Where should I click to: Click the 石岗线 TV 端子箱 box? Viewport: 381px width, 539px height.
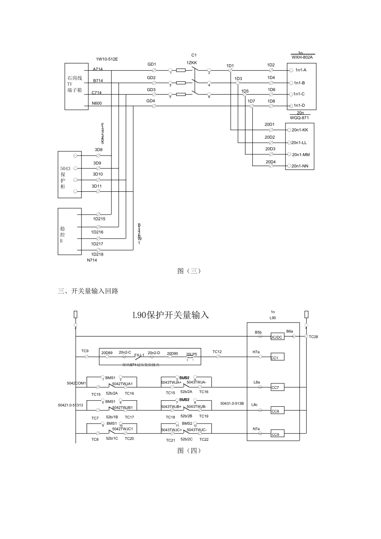[x=77, y=86]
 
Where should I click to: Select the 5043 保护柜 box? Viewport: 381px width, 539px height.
[x=69, y=174]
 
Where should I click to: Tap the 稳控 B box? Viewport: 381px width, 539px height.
[x=69, y=231]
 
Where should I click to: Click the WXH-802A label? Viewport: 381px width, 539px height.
[x=302, y=57]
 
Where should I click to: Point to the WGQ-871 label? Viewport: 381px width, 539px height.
[x=299, y=118]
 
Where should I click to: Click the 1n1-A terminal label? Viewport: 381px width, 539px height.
[x=301, y=70]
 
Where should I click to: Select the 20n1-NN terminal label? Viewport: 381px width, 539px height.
[x=300, y=166]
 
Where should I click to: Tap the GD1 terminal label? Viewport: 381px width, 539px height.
[x=151, y=64]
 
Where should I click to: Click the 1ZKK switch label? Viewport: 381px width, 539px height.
[x=192, y=63]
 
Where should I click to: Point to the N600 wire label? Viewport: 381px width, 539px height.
[x=97, y=103]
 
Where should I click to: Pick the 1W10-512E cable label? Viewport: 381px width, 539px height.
[x=107, y=59]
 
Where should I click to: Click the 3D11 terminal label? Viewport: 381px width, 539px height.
[x=97, y=186]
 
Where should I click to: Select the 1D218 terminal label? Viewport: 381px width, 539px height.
[x=97, y=254]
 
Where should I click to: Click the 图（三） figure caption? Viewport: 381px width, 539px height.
[x=189, y=271]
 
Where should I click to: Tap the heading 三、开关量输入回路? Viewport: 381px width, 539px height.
[x=88, y=291]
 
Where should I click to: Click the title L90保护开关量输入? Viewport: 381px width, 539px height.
[x=171, y=315]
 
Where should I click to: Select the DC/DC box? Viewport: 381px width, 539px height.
[x=277, y=337]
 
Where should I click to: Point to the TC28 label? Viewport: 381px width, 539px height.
[x=313, y=337]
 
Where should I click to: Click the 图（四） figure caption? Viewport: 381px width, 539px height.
[x=189, y=451]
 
